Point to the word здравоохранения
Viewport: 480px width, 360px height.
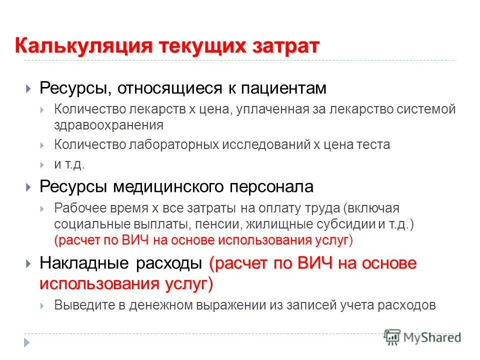point(109,124)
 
